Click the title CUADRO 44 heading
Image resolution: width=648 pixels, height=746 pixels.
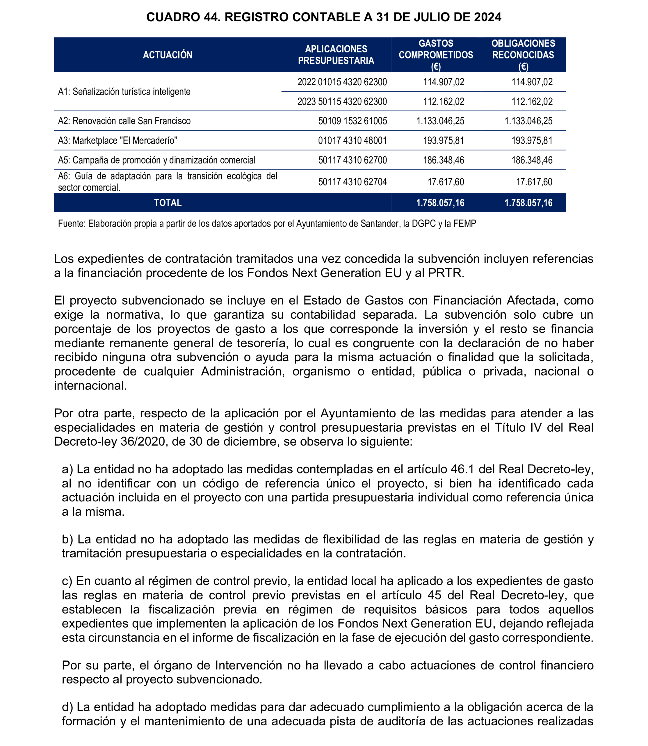point(324,17)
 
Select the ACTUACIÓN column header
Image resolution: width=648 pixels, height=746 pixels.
point(167,55)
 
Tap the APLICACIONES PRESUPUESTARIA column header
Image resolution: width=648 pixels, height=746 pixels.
point(336,55)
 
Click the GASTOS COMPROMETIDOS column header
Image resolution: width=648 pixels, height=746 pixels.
point(436,55)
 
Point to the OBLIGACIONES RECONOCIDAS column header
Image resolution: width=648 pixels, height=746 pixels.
point(523,55)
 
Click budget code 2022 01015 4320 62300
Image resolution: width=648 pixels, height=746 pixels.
point(342,82)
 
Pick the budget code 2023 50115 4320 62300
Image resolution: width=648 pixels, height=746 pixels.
point(342,101)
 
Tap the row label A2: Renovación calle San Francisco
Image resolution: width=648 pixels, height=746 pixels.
point(124,121)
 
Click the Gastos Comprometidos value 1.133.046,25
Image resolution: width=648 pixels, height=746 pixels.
point(440,121)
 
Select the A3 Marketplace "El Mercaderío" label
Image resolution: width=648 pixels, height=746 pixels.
point(118,141)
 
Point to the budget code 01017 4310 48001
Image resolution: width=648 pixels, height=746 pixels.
point(353,141)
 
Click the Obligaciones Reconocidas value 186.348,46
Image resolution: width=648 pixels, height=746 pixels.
point(532,160)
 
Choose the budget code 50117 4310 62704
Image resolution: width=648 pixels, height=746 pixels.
point(353,182)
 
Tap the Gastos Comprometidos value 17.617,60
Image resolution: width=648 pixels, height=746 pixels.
point(446,182)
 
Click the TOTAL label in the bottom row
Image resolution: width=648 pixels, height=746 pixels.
point(168,203)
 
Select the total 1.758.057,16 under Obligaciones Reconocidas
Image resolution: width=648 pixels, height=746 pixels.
point(528,203)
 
